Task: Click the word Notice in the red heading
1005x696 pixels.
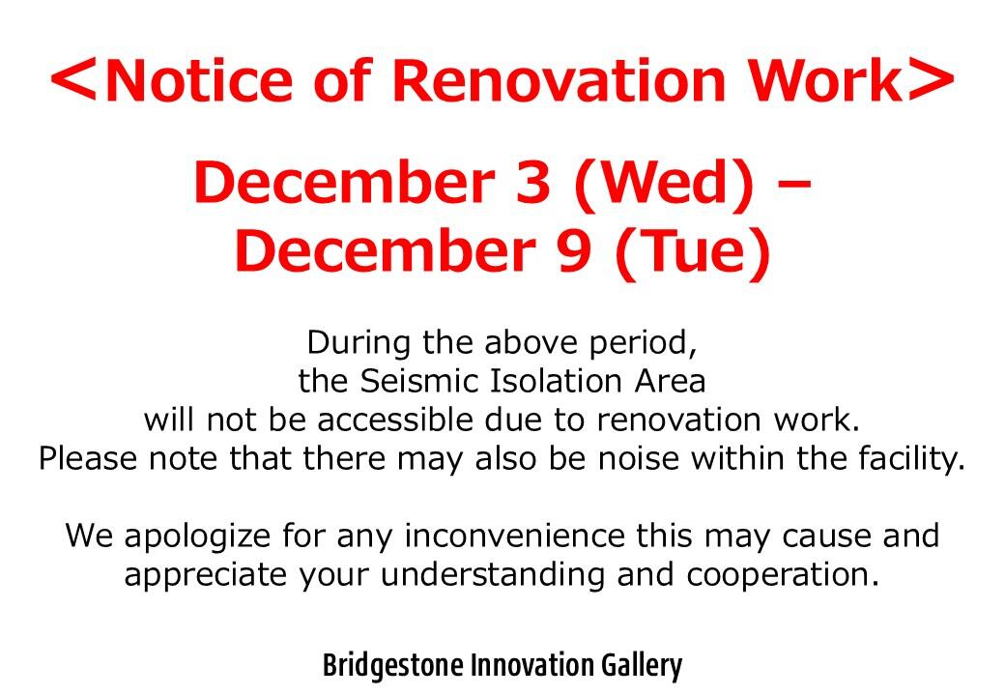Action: pos(198,80)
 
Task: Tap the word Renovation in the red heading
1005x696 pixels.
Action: pos(559,80)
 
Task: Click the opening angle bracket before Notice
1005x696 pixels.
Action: pos(73,81)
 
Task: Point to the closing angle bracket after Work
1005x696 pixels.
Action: pos(932,81)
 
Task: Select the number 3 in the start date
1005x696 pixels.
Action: pos(533,182)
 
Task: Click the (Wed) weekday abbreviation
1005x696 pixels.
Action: pos(665,183)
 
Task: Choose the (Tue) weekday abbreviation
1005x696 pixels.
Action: pos(693,250)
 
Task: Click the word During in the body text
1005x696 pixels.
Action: pos(359,342)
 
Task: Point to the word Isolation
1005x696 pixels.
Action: pos(557,381)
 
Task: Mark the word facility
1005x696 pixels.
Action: pos(911,459)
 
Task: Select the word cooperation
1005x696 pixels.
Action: pos(783,575)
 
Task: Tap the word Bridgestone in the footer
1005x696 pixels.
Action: pos(392,665)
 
